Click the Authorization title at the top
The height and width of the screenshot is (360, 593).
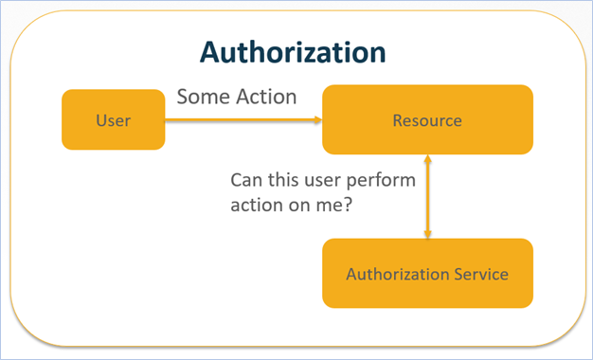click(295, 51)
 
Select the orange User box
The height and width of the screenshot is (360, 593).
click(113, 120)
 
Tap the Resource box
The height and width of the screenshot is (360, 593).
click(426, 120)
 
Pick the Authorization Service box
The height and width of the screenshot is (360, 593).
click(426, 274)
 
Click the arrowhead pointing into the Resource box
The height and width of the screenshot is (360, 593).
click(317, 120)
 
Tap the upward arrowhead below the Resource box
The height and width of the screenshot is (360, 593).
click(428, 160)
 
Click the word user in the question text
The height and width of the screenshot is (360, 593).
click(332, 179)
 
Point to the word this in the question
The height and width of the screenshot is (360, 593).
click(285, 179)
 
